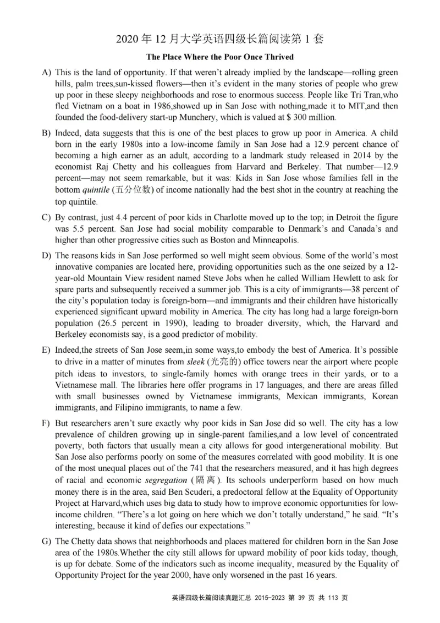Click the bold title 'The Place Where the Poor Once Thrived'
(x=220, y=57)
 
